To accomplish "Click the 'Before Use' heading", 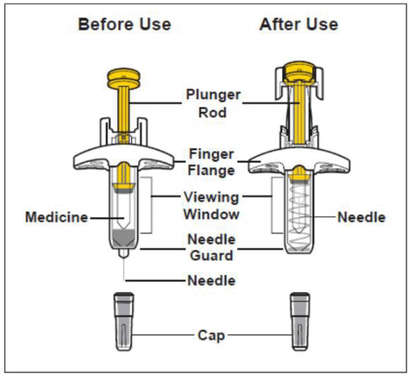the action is tap(124, 24).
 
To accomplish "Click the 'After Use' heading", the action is tap(298, 24).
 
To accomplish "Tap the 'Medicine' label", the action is tap(57, 217).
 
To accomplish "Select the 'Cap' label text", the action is tap(211, 336).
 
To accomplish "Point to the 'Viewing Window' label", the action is tap(211, 205).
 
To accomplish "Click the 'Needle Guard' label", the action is tap(211, 247).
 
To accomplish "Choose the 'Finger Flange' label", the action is tap(211, 162).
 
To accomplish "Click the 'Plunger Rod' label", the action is tap(213, 103).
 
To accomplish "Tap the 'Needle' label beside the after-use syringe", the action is tap(361, 217).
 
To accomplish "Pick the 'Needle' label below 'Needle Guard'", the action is tap(211, 280).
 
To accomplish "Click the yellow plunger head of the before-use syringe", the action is tap(124, 78).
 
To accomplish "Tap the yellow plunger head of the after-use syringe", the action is tap(299, 72).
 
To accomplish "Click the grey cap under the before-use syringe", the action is tap(124, 322).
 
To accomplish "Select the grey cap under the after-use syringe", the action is tap(300, 322).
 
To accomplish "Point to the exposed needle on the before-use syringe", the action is tap(124, 270).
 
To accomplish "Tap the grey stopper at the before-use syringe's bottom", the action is tap(124, 238).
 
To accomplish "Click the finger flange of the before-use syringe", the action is tap(124, 157).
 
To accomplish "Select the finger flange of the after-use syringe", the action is tap(299, 160).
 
